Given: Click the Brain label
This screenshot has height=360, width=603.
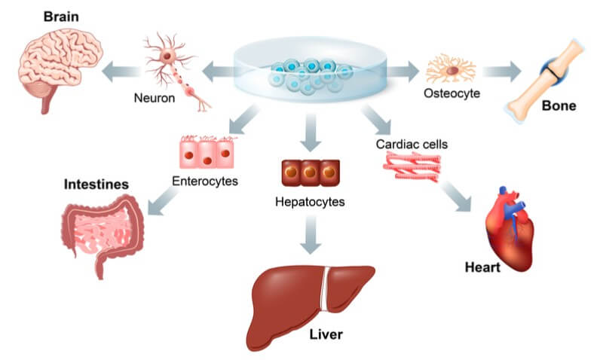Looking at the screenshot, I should click(x=63, y=17).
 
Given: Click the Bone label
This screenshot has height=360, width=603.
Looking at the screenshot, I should click(x=559, y=106).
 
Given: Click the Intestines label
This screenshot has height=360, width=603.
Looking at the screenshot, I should click(x=96, y=184).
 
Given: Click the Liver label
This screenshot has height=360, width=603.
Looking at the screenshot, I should click(x=327, y=333).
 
